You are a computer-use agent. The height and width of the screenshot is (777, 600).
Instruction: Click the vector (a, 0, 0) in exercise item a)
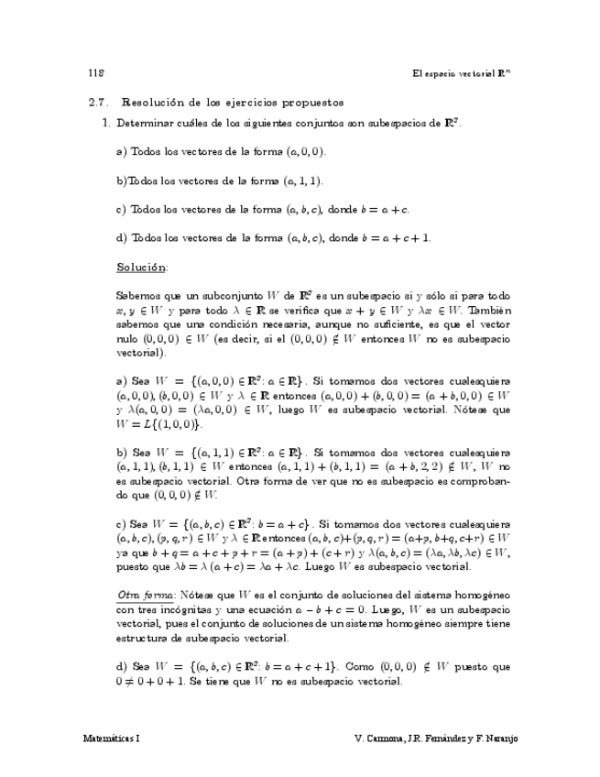[x=304, y=151]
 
